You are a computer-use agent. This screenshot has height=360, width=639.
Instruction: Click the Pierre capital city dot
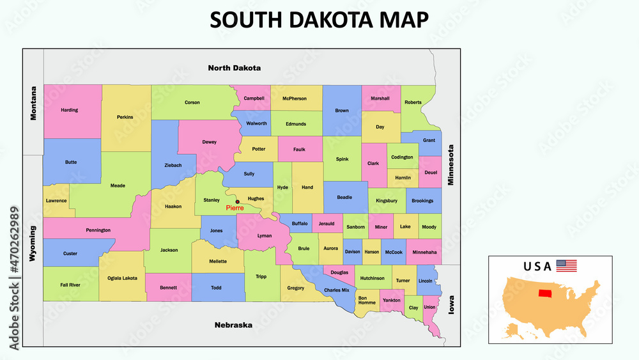pos(238,201)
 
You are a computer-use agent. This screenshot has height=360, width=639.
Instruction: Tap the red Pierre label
pos(235,208)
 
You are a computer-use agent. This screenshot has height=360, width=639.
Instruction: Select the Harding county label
pos(69,110)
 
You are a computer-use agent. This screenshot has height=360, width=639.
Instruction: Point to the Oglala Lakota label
pos(122,278)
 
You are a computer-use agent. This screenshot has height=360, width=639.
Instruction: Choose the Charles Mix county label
pos(336,290)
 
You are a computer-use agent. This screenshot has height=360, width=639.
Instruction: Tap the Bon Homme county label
pos(367,300)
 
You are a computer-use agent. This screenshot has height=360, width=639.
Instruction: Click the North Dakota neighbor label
pos(235,67)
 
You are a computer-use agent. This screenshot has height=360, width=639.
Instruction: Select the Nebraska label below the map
pos(233,325)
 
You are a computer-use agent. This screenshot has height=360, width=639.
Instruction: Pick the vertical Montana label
pos(34,103)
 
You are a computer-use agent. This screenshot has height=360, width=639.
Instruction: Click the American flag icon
pos(566,265)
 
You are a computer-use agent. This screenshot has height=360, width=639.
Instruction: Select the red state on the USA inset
pos(546,293)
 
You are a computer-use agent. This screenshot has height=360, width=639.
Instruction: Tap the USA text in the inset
pos(537,266)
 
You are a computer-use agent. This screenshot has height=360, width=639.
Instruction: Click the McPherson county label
pos(295,98)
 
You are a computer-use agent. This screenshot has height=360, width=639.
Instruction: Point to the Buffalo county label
pos(299,224)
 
